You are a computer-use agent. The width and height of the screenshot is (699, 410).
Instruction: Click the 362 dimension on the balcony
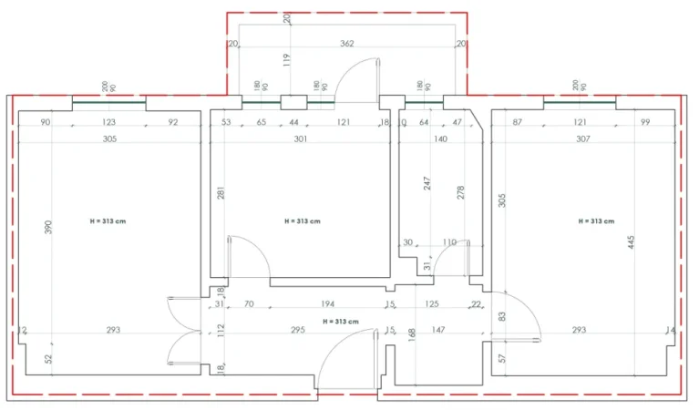[x=347, y=43]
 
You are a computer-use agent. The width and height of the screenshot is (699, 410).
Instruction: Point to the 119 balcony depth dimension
[x=287, y=60]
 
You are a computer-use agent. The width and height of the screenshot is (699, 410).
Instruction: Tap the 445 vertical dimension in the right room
[x=631, y=242]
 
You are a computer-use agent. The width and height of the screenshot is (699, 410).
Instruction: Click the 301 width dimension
[x=301, y=139]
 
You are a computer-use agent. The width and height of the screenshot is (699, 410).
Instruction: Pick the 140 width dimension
[x=440, y=139]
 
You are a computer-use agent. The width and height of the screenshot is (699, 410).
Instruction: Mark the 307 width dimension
[x=583, y=139]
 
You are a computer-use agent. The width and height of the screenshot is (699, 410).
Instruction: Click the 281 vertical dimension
[x=221, y=193]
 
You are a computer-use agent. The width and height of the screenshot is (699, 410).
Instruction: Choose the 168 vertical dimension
[x=412, y=335]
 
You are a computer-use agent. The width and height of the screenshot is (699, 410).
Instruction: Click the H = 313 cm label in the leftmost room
[x=108, y=221]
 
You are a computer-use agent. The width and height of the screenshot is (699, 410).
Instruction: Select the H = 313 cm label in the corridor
[x=340, y=322]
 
